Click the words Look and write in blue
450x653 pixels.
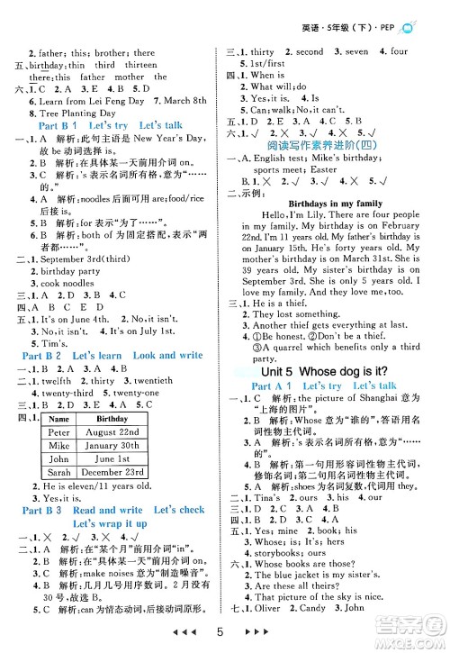point(167,355)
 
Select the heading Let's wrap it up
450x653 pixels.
point(110,522)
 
